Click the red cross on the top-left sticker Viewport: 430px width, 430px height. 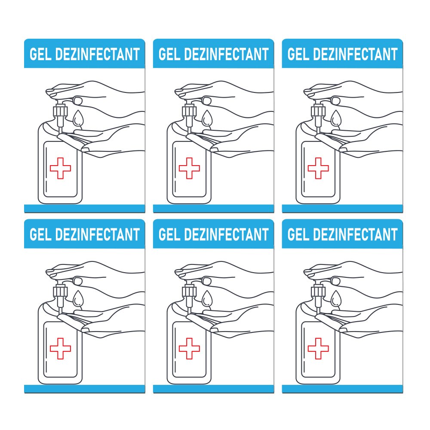pyautogui.click(x=60, y=168)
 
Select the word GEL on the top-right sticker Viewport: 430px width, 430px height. pyautogui.click(x=298, y=55)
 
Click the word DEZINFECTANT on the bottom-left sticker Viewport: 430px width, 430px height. pyautogui.click(x=98, y=235)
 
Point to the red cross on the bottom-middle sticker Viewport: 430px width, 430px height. pyautogui.click(x=189, y=348)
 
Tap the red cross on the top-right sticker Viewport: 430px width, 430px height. pyautogui.click(x=318, y=168)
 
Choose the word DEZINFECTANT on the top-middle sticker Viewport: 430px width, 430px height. pyautogui.click(x=227, y=55)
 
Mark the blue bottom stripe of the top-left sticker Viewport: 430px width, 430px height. pyautogui.click(x=84, y=209)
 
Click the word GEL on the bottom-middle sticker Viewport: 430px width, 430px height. pyautogui.click(x=169, y=235)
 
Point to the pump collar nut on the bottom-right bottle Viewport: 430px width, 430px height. pyautogui.click(x=319, y=292)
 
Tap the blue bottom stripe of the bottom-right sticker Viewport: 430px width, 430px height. pyautogui.click(x=342, y=389)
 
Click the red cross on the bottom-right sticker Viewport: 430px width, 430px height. pyautogui.click(x=318, y=348)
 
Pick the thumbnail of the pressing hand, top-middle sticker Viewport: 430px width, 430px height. pyautogui.click(x=207, y=101)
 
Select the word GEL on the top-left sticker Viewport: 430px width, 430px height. pyautogui.click(x=40, y=55)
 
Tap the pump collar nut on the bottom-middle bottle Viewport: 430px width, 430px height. pyautogui.click(x=190, y=292)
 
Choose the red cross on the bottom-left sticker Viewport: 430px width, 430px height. pyautogui.click(x=60, y=348)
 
